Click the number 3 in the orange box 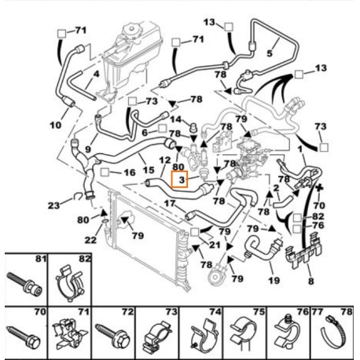[x=182, y=180]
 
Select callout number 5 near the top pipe [x=270, y=53]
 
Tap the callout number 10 [x=55, y=125]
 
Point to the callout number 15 [x=149, y=170]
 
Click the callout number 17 [x=170, y=204]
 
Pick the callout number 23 [x=53, y=205]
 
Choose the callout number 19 [x=274, y=281]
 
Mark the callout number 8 [x=310, y=281]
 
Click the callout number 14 [x=176, y=119]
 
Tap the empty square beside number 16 [x=105, y=172]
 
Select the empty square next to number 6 [x=163, y=128]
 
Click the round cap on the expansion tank [x=130, y=31]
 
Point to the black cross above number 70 [x=320, y=188]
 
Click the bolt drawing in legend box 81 [x=24, y=284]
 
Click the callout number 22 [x=90, y=240]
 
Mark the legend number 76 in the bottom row [x=303, y=312]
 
